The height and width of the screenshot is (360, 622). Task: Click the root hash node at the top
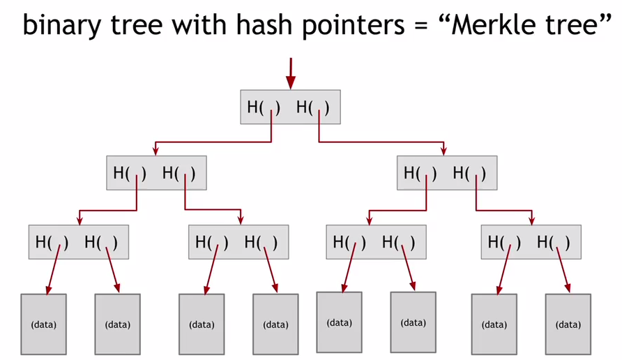pos(290,107)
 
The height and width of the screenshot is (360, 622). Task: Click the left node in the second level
pos(157,173)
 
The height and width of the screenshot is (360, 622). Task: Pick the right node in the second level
pos(447,173)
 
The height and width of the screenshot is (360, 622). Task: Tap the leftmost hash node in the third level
pos(79,242)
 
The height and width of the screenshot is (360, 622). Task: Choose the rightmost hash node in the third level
pos(531,242)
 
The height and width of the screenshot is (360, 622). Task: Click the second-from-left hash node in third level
pos(238,242)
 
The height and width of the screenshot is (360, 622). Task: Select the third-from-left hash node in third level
pos(376,242)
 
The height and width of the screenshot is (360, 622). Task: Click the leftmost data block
pos(44,324)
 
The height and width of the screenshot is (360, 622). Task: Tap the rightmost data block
pos(568,324)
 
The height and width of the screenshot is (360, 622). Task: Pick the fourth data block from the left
pos(275,324)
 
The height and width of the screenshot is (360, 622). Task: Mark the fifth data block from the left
pos(340,322)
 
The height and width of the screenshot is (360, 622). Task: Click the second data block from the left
pos(118,324)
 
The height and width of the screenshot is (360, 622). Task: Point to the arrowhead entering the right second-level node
pos(442,151)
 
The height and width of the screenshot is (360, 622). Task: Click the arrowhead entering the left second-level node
pos(155,151)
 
